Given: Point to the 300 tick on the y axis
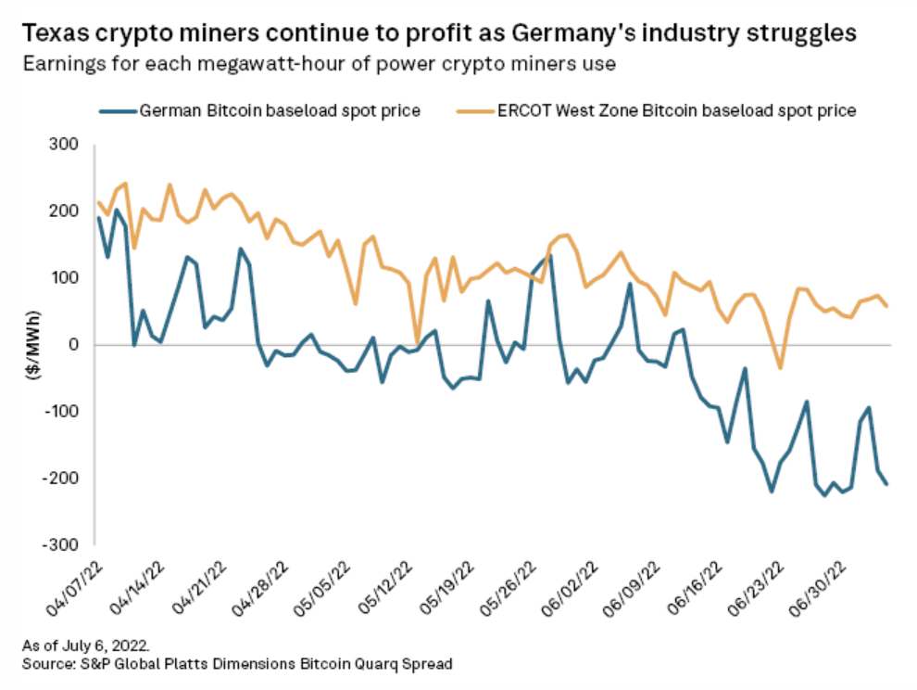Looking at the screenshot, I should (69, 145).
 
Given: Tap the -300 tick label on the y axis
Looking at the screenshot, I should (66, 544).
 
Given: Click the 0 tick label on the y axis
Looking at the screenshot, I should (77, 345).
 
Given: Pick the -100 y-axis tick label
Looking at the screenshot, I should (66, 412).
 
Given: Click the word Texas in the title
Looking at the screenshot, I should (54, 35).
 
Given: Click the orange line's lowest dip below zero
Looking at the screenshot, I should (780, 368).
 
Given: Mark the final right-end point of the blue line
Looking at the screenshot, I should (887, 484).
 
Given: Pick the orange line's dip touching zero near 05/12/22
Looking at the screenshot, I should (418, 342).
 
